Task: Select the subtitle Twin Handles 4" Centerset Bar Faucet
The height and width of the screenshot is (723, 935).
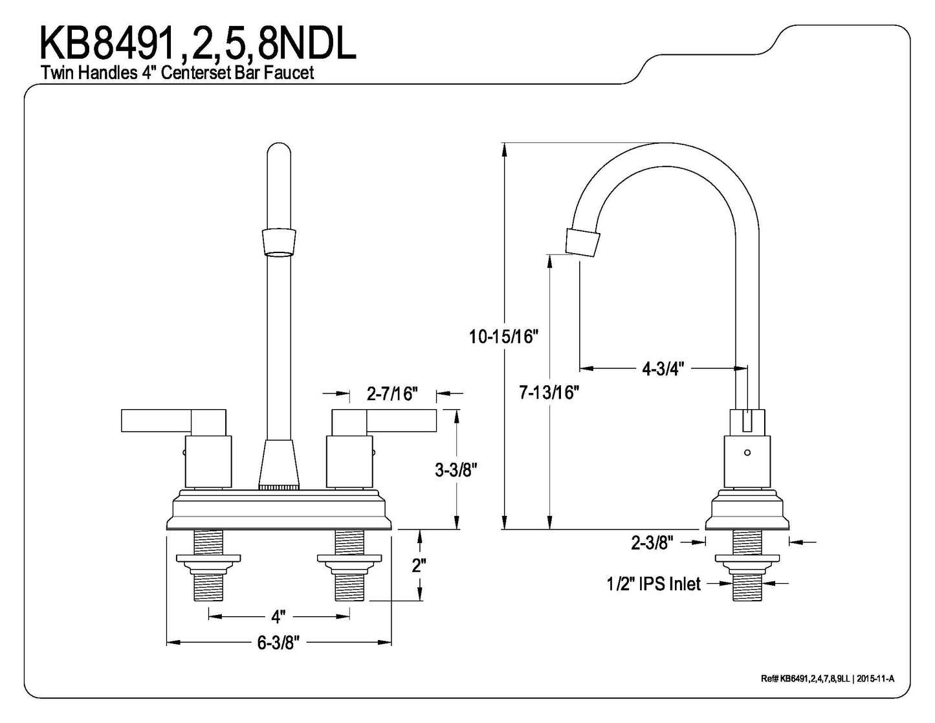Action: [x=177, y=72]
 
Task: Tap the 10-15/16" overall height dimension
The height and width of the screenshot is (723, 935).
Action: [x=503, y=337]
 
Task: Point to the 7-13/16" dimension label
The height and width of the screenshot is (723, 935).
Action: [x=549, y=392]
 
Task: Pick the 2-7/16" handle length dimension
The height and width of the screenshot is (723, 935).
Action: [x=392, y=393]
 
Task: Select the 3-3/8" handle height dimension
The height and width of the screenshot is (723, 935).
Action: [x=456, y=470]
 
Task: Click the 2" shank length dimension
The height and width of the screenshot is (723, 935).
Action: [x=419, y=566]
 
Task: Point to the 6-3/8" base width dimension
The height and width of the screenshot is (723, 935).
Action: [x=278, y=643]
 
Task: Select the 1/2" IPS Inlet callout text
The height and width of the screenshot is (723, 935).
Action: [x=654, y=584]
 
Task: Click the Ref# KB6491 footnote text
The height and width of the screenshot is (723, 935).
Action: [x=828, y=678]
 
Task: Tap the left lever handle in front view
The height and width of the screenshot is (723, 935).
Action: [x=173, y=421]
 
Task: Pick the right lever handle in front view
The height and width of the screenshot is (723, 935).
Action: [x=384, y=421]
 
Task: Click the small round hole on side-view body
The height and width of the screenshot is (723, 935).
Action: [x=748, y=453]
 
